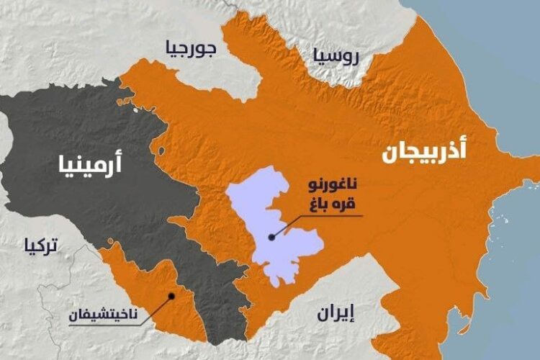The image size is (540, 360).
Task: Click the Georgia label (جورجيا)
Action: point(191,50)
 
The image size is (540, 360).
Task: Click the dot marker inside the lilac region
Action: point(271,236)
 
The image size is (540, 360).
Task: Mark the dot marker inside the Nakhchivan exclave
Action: point(171,294)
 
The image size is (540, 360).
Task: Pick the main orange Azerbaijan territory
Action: point(403,216)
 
